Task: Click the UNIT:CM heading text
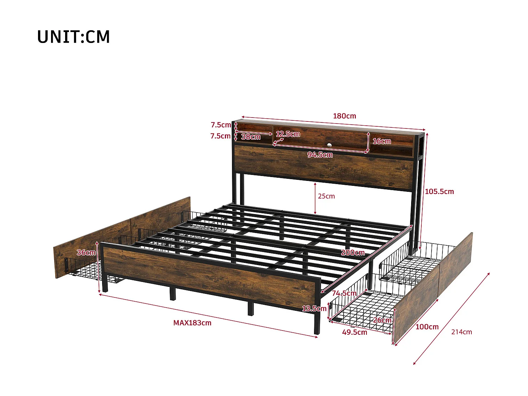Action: [x=74, y=37]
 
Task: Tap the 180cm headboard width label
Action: [x=344, y=116]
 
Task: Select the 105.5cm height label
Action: [x=439, y=191]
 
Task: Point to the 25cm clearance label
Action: [x=326, y=196]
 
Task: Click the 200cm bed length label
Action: [x=353, y=252]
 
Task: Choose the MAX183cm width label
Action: [x=192, y=323]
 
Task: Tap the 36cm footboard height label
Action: [x=86, y=252]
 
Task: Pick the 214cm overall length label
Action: [x=461, y=332]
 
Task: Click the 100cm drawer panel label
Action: [x=427, y=327]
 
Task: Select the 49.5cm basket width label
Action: [x=354, y=332]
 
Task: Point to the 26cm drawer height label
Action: [x=382, y=320]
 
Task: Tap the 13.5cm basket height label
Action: [x=314, y=308]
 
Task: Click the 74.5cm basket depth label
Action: [x=344, y=293]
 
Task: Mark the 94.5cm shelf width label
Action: [x=320, y=155]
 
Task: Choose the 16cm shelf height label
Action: [x=382, y=141]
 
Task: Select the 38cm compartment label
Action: [x=251, y=137]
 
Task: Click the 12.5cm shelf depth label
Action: [x=288, y=134]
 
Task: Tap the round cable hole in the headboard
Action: [x=329, y=145]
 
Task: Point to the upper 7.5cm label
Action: [x=221, y=125]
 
